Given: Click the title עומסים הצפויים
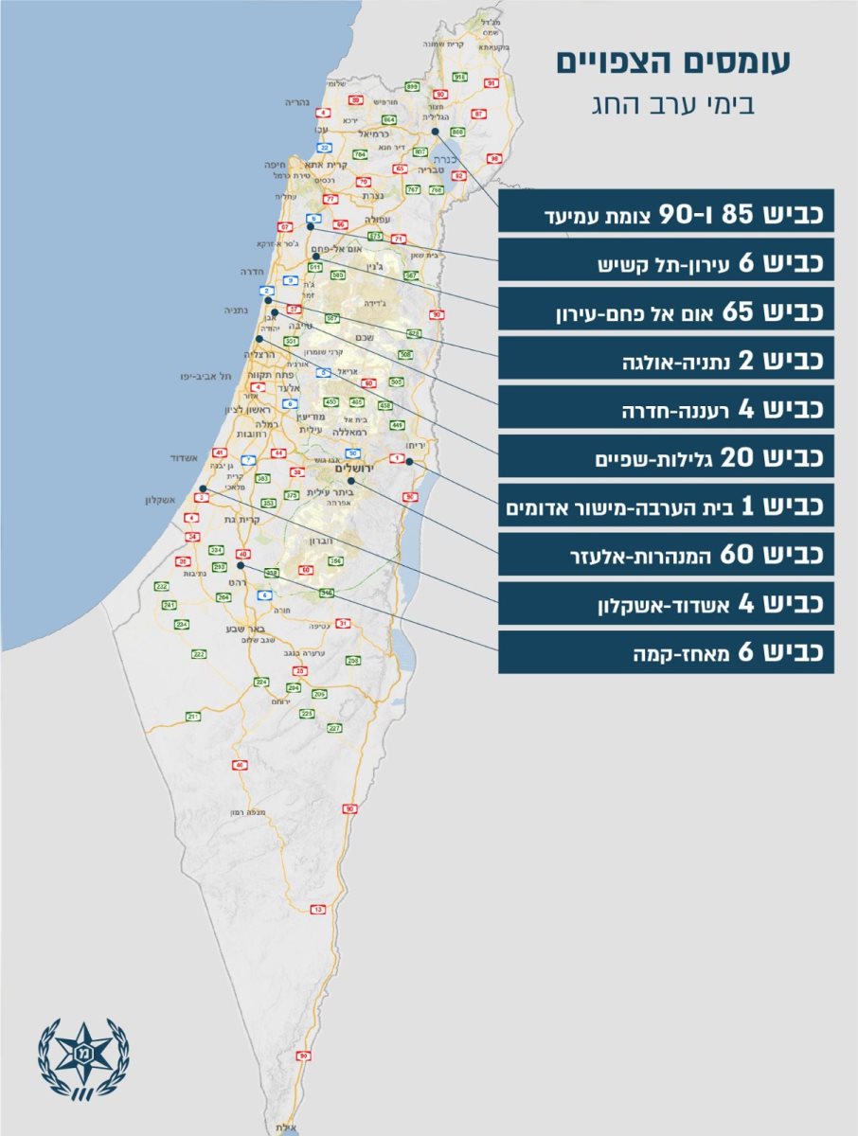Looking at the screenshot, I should coord(672,62).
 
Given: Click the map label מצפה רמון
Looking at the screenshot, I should coord(244,812).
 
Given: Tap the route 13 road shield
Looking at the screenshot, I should coord(318,909).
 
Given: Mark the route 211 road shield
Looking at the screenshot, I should coord(193,717).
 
